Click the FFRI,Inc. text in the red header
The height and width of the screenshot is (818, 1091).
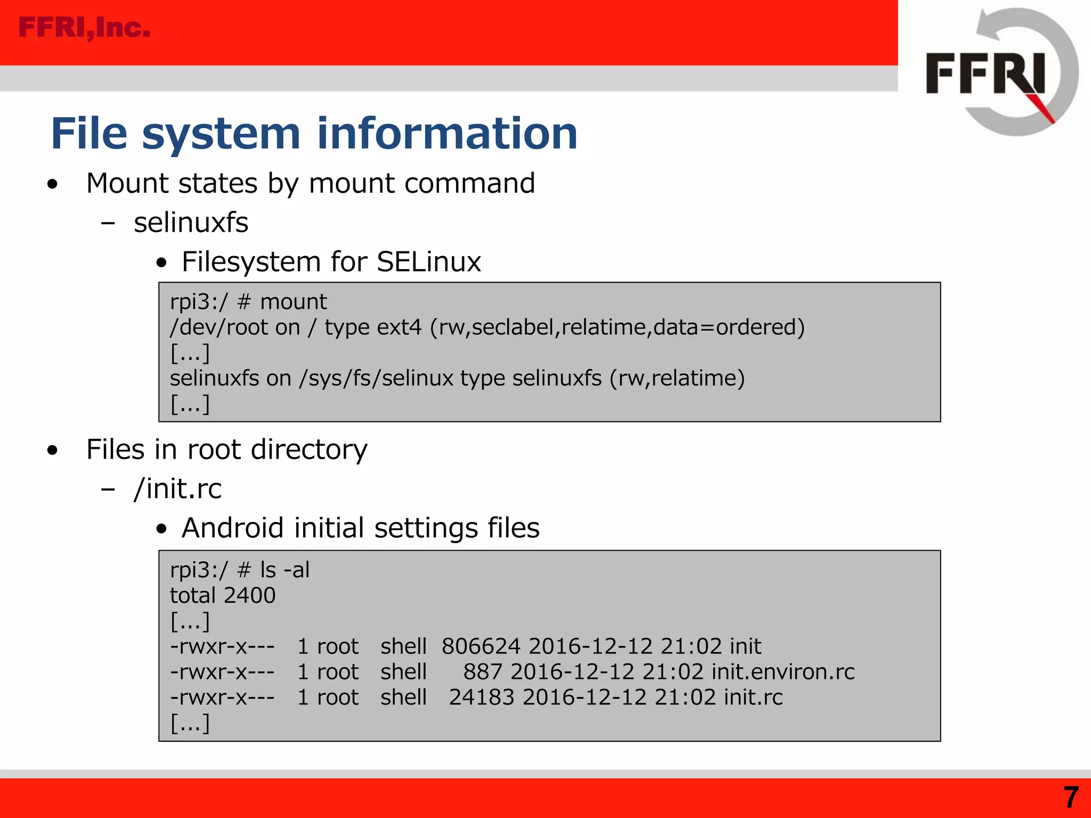(x=84, y=28)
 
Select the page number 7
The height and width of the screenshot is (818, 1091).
(x=1071, y=798)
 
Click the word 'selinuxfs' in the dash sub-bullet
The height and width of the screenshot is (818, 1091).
(x=191, y=223)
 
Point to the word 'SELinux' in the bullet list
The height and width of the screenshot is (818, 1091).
(x=428, y=262)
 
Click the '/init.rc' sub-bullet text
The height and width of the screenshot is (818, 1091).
(x=178, y=489)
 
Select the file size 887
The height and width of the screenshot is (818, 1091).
(x=482, y=672)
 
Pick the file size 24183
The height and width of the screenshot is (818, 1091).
(x=481, y=698)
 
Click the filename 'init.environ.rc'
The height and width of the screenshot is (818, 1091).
(x=783, y=672)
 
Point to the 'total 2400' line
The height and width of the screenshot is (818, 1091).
(x=223, y=595)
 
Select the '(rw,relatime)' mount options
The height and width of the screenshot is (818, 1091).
(x=677, y=379)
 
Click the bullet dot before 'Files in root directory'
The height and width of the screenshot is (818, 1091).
(x=52, y=451)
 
